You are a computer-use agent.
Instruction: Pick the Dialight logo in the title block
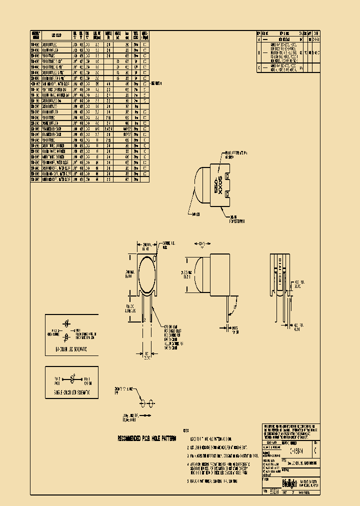point(290,483)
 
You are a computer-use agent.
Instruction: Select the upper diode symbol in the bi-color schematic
point(67,324)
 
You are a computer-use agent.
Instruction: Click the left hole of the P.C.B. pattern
point(142,403)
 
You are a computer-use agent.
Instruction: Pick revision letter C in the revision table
point(259,67)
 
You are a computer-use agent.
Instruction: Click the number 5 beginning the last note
point(188,480)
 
